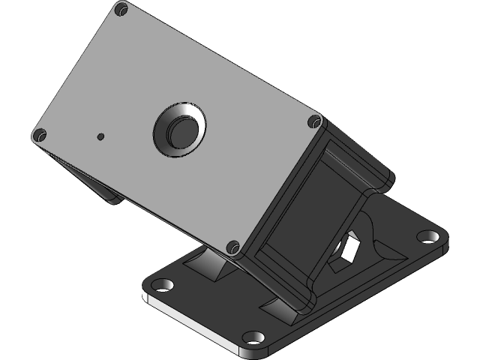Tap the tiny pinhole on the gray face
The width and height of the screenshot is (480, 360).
pos(100,136)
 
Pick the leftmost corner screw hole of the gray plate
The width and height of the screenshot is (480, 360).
pos(39,136)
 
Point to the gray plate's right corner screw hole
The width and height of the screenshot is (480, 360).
pos(314,121)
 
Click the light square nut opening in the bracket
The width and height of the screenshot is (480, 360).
pos(347,247)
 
